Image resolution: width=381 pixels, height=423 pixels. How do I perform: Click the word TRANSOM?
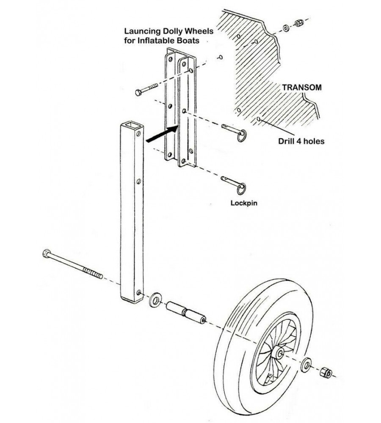[x=301, y=88]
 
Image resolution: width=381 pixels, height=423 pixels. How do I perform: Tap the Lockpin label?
[x=244, y=203]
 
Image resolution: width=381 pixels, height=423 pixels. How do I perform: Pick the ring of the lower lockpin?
[x=243, y=187]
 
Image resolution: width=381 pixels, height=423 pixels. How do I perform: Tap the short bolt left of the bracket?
[x=146, y=89]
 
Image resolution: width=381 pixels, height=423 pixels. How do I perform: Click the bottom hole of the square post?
[x=138, y=292]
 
